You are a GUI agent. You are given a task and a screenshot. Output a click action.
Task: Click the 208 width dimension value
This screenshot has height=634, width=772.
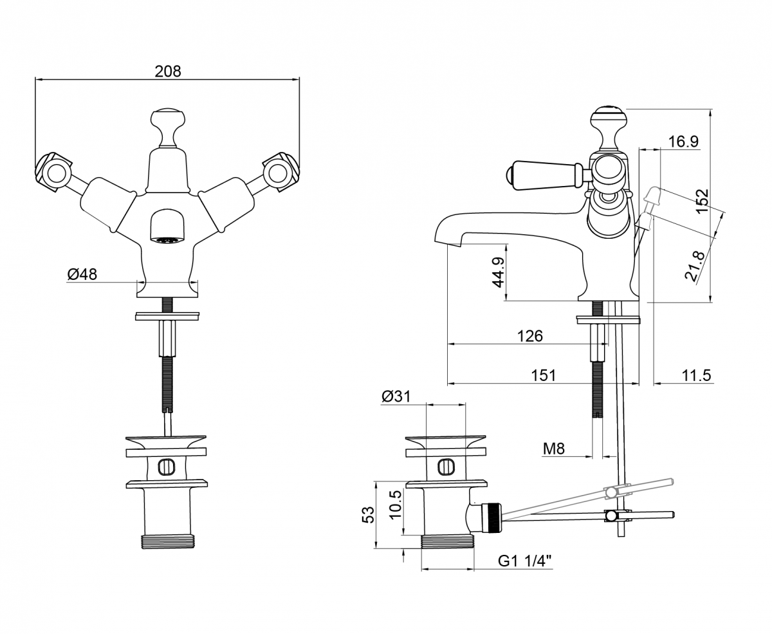click(x=168, y=71)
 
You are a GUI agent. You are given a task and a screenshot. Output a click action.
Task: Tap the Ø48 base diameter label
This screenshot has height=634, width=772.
click(x=82, y=274)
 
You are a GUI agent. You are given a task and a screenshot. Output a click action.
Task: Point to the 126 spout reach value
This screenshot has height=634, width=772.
click(x=529, y=336)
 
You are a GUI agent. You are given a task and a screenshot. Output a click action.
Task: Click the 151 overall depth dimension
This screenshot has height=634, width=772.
click(x=543, y=375)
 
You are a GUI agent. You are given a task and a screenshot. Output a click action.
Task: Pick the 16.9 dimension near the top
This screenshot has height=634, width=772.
click(x=683, y=142)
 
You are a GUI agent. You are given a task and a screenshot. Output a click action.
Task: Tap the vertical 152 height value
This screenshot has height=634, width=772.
click(x=702, y=200)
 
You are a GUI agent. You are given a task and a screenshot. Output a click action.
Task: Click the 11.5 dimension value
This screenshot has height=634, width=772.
click(x=697, y=375)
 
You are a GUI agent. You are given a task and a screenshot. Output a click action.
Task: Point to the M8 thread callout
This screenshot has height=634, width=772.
click(x=553, y=449)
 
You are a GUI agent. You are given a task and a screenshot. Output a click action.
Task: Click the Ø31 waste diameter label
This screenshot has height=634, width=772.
click(x=396, y=397)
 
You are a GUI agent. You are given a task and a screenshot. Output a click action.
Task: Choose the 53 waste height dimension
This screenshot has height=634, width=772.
click(x=368, y=514)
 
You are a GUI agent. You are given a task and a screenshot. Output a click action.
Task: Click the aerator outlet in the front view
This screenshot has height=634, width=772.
click(x=168, y=241)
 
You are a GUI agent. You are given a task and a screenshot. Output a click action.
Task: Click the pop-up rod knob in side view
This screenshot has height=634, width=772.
click(x=652, y=194)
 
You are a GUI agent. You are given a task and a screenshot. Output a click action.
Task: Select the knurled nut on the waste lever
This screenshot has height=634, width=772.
click(x=492, y=517)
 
